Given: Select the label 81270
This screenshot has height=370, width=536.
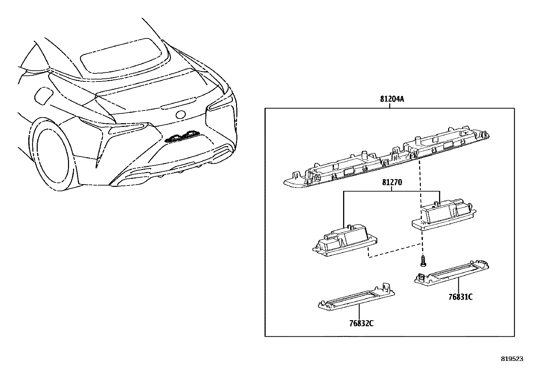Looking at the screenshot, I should [x=392, y=183].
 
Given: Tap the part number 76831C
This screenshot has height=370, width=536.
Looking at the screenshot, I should [x=461, y=297].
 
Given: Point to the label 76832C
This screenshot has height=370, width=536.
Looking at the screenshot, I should [x=361, y=324].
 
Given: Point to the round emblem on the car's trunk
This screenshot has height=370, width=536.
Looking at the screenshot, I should [x=180, y=114].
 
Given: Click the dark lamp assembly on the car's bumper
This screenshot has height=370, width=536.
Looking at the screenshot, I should [x=182, y=136].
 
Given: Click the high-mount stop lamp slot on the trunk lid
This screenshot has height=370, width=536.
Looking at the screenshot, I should [x=178, y=103].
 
